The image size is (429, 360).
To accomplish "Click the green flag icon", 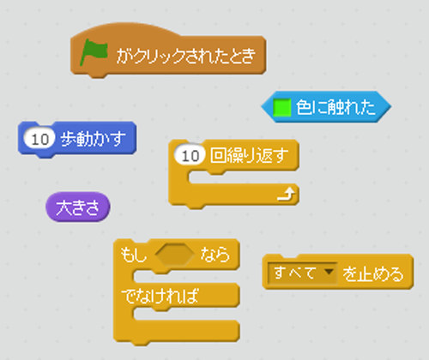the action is [94, 52].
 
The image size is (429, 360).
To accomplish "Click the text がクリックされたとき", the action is [186, 56].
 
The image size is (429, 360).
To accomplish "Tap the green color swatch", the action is [282, 107].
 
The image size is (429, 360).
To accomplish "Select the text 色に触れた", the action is [335, 107].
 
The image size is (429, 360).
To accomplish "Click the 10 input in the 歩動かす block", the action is [39, 140].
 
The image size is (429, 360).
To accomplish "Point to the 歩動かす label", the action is [93, 139].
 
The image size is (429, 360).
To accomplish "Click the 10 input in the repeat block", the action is [190, 156].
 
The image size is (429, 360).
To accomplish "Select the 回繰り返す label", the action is [249, 155].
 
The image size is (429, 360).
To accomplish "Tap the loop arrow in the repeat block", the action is [287, 194].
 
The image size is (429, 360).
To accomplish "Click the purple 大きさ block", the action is [78, 207].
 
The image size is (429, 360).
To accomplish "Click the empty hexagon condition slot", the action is [175, 255].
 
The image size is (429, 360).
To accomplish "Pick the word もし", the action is [133, 255].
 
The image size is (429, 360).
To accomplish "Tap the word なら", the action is [215, 255].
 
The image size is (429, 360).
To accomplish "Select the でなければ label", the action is [160, 296].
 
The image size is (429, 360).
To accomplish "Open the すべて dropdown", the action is [303, 273].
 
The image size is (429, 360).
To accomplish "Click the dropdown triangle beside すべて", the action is [329, 272].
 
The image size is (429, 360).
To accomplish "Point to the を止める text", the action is [373, 274].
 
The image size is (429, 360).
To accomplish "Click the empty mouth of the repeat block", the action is [243, 177].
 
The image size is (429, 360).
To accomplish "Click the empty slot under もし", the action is [186, 277].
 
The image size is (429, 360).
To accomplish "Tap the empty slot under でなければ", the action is [186, 314].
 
